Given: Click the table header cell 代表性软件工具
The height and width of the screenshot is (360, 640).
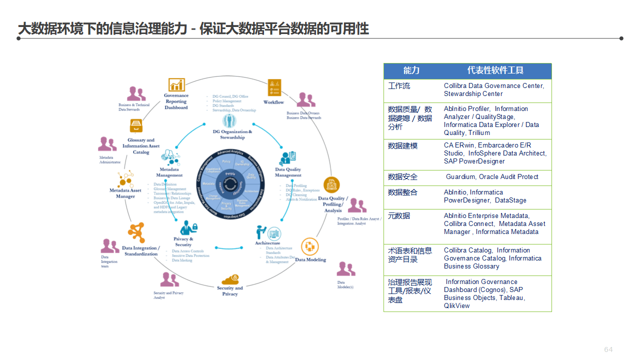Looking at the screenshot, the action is pyautogui.click(x=495, y=70).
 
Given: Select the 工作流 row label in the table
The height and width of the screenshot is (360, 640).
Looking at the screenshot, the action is pyautogui.click(x=399, y=86).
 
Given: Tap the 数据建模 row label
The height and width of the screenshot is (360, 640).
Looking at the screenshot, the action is pyautogui.click(x=402, y=146).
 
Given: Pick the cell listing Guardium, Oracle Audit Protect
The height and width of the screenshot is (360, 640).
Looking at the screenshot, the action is pyautogui.click(x=492, y=177).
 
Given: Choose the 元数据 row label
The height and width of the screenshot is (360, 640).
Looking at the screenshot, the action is pyautogui.click(x=399, y=215).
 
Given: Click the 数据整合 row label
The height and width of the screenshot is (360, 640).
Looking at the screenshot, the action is pyautogui.click(x=402, y=192).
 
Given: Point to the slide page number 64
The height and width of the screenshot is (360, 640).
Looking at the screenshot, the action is pyautogui.click(x=608, y=349).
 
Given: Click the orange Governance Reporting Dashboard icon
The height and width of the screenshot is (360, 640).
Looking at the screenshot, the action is pyautogui.click(x=176, y=85).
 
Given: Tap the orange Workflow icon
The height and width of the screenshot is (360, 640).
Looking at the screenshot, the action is pyautogui.click(x=274, y=87).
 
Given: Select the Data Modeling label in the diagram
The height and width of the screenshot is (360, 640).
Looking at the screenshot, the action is pyautogui.click(x=310, y=259).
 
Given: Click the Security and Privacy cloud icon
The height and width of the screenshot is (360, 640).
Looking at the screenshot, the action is pyautogui.click(x=230, y=278).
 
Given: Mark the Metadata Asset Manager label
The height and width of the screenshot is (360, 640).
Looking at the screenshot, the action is pyautogui.click(x=125, y=193).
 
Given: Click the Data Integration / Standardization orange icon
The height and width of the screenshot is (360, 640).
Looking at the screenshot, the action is pyautogui.click(x=136, y=233).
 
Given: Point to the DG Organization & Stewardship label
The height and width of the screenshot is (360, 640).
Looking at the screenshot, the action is pyautogui.click(x=232, y=134).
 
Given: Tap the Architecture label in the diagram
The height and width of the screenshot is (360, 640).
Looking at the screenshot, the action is pyautogui.click(x=267, y=243).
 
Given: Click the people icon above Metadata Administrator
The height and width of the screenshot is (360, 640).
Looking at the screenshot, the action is pyautogui.click(x=107, y=144).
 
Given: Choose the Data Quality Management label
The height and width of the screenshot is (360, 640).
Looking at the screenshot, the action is pyautogui.click(x=288, y=172).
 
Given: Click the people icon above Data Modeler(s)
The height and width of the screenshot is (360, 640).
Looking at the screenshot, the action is pyautogui.click(x=345, y=269).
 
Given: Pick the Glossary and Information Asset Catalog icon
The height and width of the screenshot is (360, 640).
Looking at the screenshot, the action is pyautogui.click(x=136, y=125).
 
